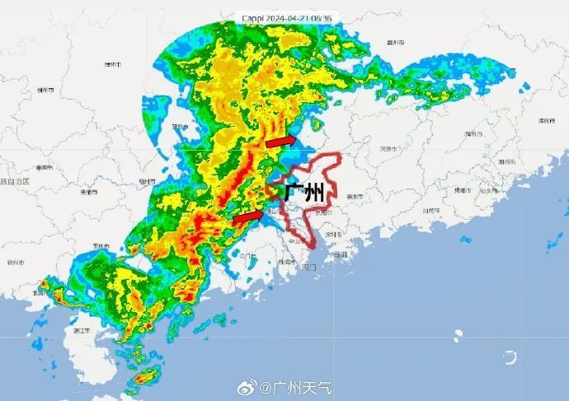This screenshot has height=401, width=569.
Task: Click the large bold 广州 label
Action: (303, 194)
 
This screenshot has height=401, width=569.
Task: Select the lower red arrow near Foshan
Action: (249, 217)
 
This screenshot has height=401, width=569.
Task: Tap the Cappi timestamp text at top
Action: (287, 17)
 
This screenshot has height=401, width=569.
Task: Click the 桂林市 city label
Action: (112, 63)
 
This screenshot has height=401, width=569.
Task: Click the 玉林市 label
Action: (101, 245)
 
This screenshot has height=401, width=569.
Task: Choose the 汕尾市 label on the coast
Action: (432, 211)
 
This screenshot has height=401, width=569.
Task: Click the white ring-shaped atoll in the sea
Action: (510, 357)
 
